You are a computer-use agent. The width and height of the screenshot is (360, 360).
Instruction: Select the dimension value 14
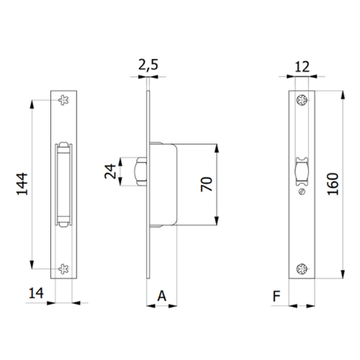pyautogui.click(x=36, y=294)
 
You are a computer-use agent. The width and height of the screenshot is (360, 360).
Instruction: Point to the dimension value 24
pyautogui.click(x=110, y=172)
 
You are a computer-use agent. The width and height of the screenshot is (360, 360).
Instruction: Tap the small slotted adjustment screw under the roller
pyautogui.click(x=301, y=192)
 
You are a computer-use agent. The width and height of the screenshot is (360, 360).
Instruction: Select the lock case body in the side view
pyautogui.click(x=164, y=185)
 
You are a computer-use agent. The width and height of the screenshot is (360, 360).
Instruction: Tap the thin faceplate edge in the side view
pyautogui.click(x=148, y=240)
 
